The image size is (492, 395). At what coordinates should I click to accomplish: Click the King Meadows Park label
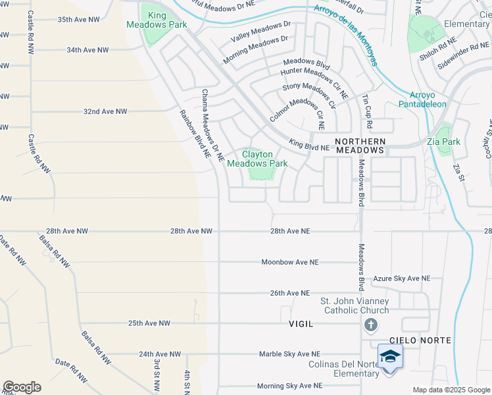(157, 20)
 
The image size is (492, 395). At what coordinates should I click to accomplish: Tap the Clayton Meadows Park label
(257, 159)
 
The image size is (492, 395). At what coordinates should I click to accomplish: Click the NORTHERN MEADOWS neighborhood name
(360, 145)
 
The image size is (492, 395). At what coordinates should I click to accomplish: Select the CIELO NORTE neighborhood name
(420, 340)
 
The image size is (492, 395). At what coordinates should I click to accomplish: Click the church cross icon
(371, 325)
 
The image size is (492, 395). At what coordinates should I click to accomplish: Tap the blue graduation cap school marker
(390, 356)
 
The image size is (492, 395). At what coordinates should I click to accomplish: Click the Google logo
(22, 387)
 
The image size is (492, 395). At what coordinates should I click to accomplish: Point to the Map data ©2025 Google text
(451, 390)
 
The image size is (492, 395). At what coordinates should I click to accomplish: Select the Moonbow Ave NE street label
(289, 262)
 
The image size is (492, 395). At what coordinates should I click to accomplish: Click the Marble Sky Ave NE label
(289, 354)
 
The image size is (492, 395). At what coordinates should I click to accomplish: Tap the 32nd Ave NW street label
(105, 111)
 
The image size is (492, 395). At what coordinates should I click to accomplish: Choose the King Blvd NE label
(309, 147)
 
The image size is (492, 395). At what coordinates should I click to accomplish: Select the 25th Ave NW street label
(149, 323)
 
